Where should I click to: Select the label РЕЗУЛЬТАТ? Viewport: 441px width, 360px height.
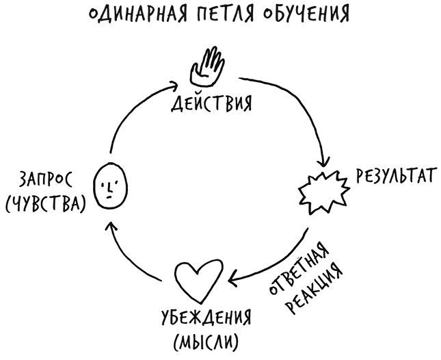[x=394, y=177]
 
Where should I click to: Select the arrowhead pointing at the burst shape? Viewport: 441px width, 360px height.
[x=322, y=163]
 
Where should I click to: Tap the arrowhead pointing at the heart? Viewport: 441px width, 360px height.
[x=234, y=277]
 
